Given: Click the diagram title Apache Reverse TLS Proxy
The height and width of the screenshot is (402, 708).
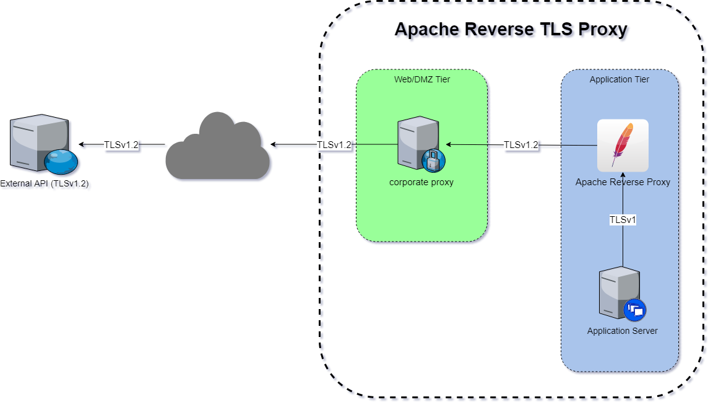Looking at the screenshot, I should (x=512, y=30).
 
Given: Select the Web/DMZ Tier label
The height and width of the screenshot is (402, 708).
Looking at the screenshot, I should (x=422, y=80).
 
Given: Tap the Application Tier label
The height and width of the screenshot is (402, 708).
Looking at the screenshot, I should (x=619, y=80).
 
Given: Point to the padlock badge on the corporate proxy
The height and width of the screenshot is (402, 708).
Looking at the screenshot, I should (x=433, y=160).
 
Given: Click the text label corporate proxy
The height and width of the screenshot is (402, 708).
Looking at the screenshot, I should (x=421, y=182).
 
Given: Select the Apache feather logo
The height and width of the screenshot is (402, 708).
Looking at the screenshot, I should (x=623, y=145).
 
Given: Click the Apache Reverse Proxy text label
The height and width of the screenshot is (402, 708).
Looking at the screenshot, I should (x=623, y=182).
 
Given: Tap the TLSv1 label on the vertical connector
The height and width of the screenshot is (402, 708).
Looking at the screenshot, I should (x=623, y=220).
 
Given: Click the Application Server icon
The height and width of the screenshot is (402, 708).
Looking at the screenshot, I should (x=617, y=293).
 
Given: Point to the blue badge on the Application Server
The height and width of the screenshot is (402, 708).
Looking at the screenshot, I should (x=634, y=309).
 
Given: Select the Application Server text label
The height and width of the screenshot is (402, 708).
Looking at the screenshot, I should (x=622, y=331).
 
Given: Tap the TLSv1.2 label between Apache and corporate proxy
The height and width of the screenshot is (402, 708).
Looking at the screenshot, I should (x=521, y=145).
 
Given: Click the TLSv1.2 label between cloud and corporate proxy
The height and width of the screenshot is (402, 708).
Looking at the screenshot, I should (x=334, y=145).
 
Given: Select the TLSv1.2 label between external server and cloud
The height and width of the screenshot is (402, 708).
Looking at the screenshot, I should (x=121, y=145).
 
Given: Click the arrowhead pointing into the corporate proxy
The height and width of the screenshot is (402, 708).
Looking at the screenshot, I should (x=449, y=145).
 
